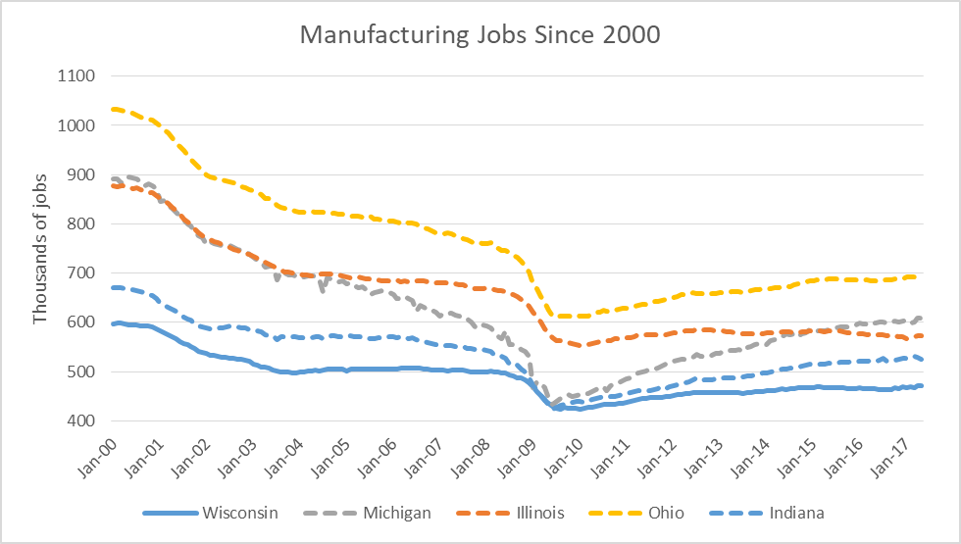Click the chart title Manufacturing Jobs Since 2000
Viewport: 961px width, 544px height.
click(x=480, y=35)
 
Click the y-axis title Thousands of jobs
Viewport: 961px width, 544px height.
click(x=40, y=249)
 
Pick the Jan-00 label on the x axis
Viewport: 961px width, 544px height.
click(x=97, y=453)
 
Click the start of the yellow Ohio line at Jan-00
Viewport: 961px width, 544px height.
click(x=114, y=109)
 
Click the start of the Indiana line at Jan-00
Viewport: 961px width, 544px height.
click(x=114, y=287)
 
